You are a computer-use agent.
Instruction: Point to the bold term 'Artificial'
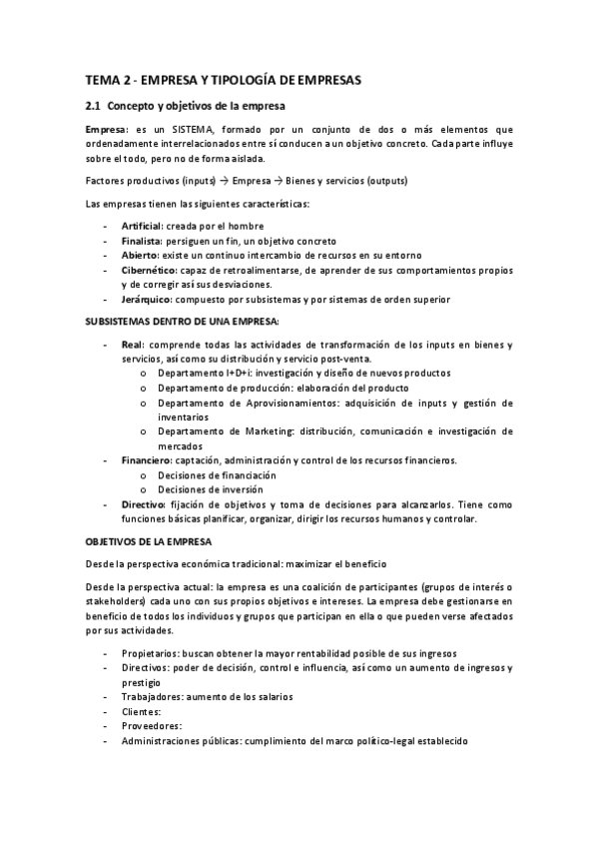[x=142, y=227]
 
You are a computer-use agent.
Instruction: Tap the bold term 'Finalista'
[x=141, y=241]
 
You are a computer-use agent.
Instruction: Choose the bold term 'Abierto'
[x=140, y=256]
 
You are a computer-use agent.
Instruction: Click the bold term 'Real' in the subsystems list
[x=132, y=345]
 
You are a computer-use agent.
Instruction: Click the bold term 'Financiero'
[x=146, y=460]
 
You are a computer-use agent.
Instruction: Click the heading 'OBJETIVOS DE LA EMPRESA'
[x=148, y=540]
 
